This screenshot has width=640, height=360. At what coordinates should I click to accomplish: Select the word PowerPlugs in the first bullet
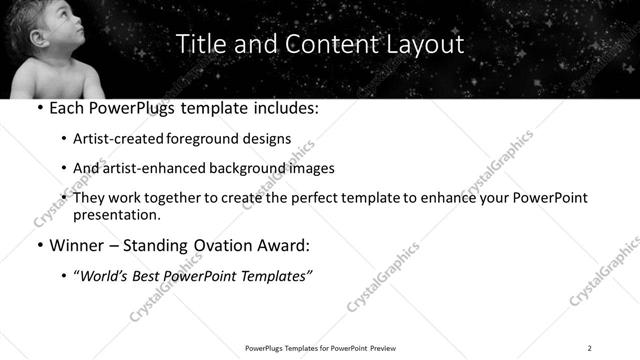tap(135, 106)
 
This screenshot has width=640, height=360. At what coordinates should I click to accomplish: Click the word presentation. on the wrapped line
tap(117, 214)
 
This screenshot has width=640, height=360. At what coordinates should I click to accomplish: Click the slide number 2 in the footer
tap(589, 348)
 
